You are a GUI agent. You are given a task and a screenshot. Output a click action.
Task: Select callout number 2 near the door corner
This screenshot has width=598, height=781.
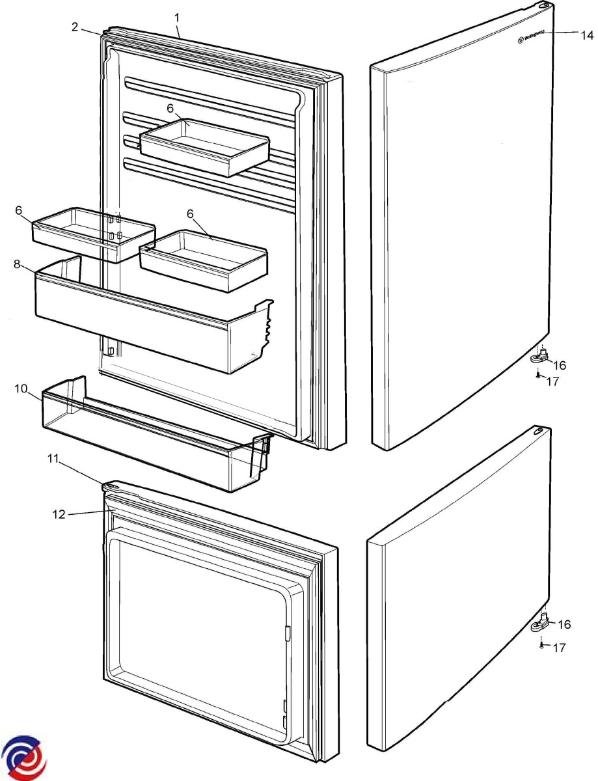75,27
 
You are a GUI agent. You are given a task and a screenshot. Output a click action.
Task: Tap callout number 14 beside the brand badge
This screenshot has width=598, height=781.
587,35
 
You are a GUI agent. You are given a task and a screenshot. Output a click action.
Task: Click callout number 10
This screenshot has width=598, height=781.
20,389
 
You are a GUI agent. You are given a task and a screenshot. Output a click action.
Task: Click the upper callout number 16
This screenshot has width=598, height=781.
560,365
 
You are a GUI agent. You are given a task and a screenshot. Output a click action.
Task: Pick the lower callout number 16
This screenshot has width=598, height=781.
564,624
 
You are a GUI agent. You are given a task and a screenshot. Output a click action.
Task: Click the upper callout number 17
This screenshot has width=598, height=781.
552,381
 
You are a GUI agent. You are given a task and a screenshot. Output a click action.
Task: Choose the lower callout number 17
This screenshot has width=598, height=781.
558,648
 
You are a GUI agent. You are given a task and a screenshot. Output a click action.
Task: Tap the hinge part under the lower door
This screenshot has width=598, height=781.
542,625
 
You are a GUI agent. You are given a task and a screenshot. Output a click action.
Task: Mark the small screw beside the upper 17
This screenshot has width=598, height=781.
537,375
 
